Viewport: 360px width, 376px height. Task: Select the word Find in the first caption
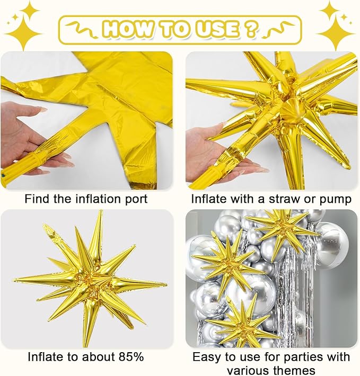(x=36, y=199)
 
